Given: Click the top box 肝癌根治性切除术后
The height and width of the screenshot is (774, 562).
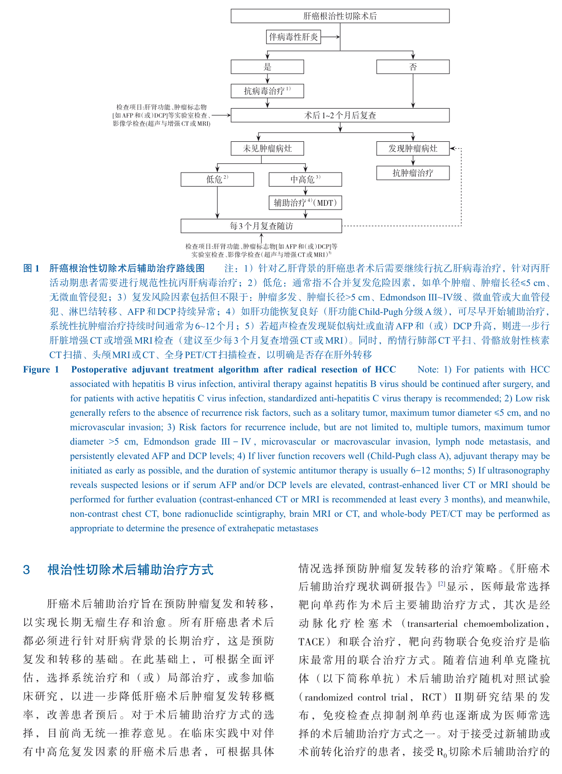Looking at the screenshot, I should pos(340,16).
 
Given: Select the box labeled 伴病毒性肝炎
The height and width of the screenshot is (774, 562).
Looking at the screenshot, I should pos(294,37).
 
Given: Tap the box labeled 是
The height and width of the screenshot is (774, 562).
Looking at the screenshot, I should pos(267,67).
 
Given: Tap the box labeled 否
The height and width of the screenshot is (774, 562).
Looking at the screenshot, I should pos(412,67).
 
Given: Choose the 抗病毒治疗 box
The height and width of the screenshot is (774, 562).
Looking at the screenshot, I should pos(267,91).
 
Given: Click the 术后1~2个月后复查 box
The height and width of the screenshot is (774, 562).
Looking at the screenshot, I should pos(340,115).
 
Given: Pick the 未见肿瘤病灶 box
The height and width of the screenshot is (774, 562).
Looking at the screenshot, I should pos(267,149).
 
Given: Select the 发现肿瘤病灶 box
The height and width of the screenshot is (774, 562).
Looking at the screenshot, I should pos(412,149).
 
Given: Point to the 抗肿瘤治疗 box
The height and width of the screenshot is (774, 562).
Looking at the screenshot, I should pos(412,173).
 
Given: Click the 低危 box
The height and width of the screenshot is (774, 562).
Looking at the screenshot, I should pos(217,179).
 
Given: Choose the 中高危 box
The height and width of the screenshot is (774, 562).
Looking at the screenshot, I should pos(305,179).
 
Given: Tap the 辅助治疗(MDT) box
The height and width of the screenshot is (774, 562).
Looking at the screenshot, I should pos(305,203).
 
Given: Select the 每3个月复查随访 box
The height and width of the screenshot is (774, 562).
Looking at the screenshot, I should pos(261,226).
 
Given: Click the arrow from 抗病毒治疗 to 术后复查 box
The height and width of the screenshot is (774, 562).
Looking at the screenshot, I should pos(268,103).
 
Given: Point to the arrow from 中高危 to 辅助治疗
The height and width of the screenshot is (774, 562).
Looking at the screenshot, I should pos(306,191).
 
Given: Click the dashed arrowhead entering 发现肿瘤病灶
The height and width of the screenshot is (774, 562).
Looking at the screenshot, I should pos(453,149).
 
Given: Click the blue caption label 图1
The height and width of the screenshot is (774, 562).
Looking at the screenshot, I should pos(32,268).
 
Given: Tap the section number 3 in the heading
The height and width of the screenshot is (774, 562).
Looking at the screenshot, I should pos(26,570).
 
